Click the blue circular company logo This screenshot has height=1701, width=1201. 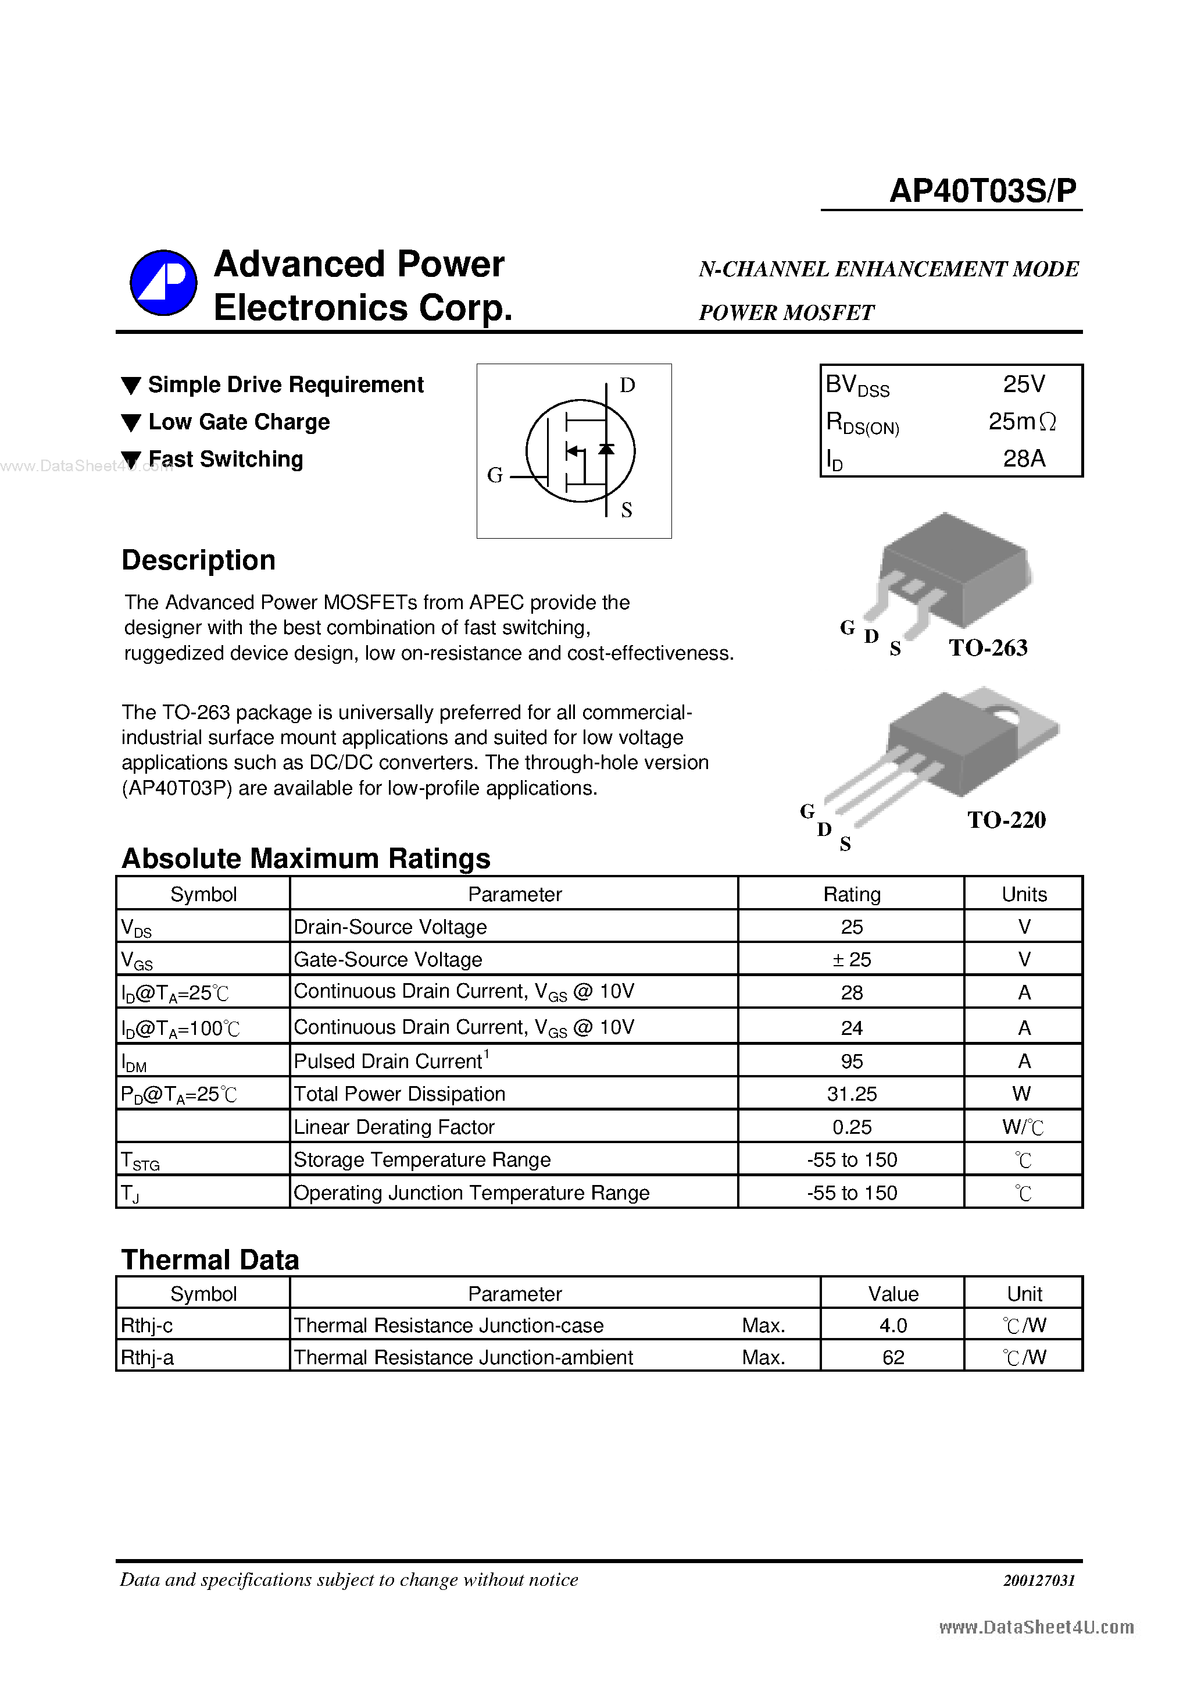pyautogui.click(x=163, y=282)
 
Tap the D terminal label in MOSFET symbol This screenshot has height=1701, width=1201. pyautogui.click(x=627, y=385)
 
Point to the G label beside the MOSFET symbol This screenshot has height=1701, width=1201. pyautogui.click(x=495, y=475)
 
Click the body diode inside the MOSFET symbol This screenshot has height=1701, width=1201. pyautogui.click(x=606, y=449)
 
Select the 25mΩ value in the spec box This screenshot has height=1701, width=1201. pyautogui.click(x=1022, y=422)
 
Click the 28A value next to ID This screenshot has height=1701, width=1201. pyautogui.click(x=1024, y=458)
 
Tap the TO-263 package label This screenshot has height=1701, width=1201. pyautogui.click(x=988, y=647)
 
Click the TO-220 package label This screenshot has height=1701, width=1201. pyautogui.click(x=1006, y=820)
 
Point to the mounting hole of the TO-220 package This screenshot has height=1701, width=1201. pyautogui.click(x=1006, y=715)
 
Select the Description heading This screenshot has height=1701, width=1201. pyautogui.click(x=198, y=560)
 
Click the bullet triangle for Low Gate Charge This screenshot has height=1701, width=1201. pyautogui.click(x=131, y=423)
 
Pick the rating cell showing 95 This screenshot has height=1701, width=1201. pyautogui.click(x=852, y=1061)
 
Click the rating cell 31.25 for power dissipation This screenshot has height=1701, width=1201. pyautogui.click(x=852, y=1094)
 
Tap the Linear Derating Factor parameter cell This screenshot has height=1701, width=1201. pyautogui.click(x=394, y=1127)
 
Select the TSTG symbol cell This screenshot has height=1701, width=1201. pyautogui.click(x=141, y=1160)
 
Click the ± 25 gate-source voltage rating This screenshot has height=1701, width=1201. pyautogui.click(x=852, y=959)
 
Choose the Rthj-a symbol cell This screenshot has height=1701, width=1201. pyautogui.click(x=147, y=1357)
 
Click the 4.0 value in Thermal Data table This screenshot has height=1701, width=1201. pyautogui.click(x=893, y=1325)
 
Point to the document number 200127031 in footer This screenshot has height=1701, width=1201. pyautogui.click(x=1039, y=1580)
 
